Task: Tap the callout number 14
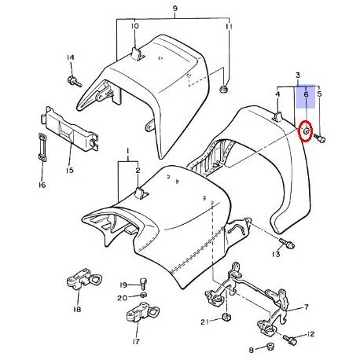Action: coord(70,58)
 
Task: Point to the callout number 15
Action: coord(69,171)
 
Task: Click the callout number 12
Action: coord(311,334)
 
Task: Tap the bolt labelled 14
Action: coord(75,80)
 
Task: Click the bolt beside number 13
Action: coord(288,243)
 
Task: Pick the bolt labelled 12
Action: coord(291,340)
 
